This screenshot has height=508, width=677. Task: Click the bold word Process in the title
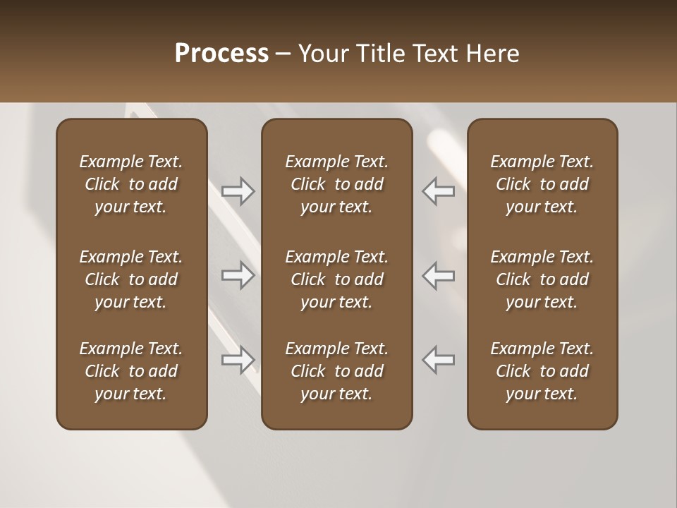point(221,54)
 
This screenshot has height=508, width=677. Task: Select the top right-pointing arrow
point(238,191)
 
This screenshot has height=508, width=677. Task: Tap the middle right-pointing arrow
point(238,275)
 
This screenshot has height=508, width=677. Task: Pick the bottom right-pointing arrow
point(238,360)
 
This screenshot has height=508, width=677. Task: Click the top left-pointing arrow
point(438,191)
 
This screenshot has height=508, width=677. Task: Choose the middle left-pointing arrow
point(438,275)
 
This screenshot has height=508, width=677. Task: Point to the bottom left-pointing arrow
point(438,360)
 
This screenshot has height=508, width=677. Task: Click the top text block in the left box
point(131,184)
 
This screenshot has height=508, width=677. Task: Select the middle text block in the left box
point(131,279)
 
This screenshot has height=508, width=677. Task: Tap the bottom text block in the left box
point(131,371)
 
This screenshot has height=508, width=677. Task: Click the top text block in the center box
point(336,184)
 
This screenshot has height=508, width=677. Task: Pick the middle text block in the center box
point(336,279)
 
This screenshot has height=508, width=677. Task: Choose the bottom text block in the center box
point(336,371)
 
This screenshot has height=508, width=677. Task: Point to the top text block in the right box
point(542,184)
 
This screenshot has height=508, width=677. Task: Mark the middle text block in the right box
point(542,279)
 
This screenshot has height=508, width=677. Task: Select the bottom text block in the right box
point(542,371)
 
